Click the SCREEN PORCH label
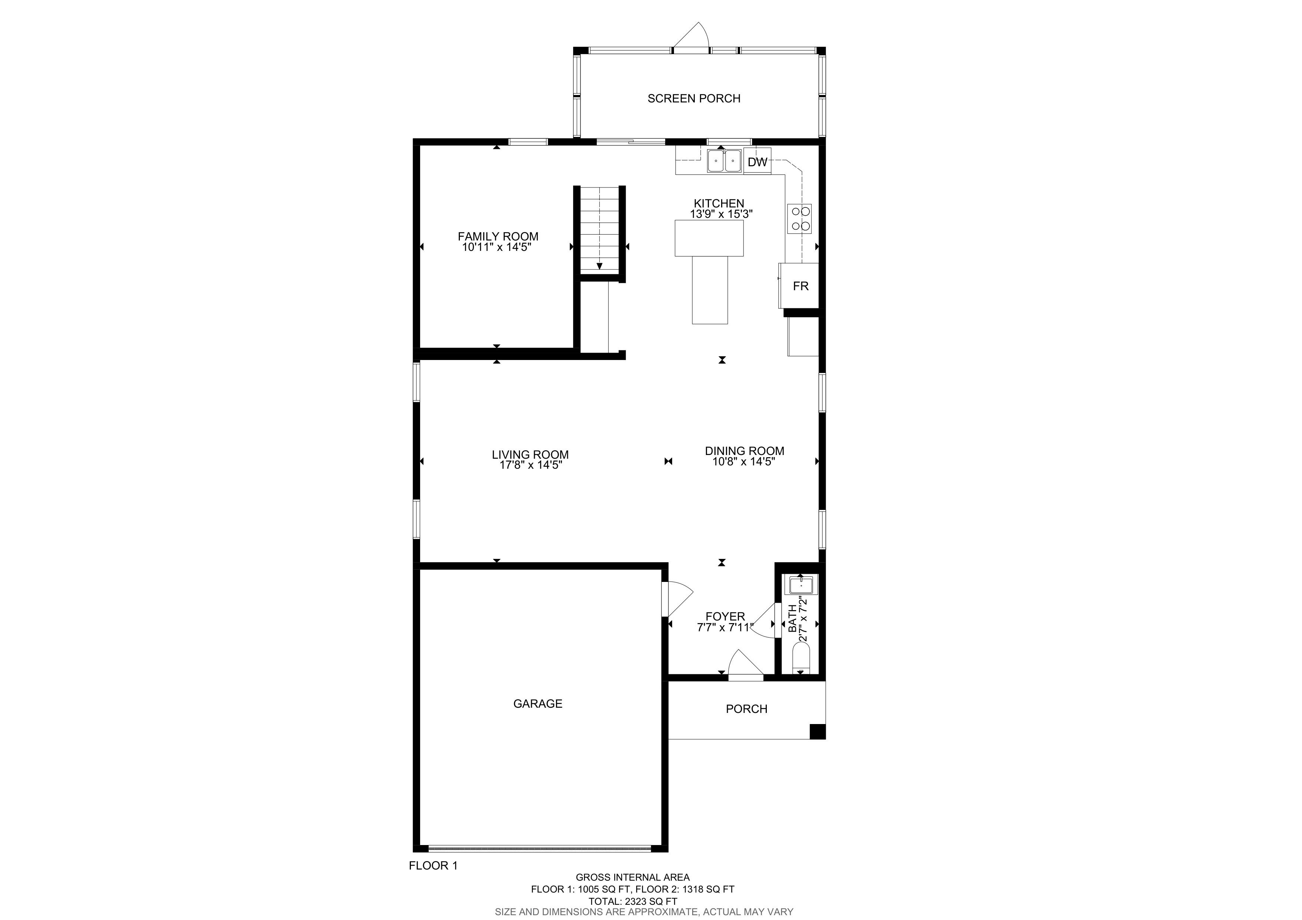pos(694,99)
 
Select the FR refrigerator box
pos(799,286)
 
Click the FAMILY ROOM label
pos(498,236)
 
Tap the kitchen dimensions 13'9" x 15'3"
pos(721,214)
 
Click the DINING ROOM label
pos(745,451)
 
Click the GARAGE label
pos(537,704)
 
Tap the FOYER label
pos(725,617)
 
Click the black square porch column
pos(817,732)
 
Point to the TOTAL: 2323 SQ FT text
pos(632,901)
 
